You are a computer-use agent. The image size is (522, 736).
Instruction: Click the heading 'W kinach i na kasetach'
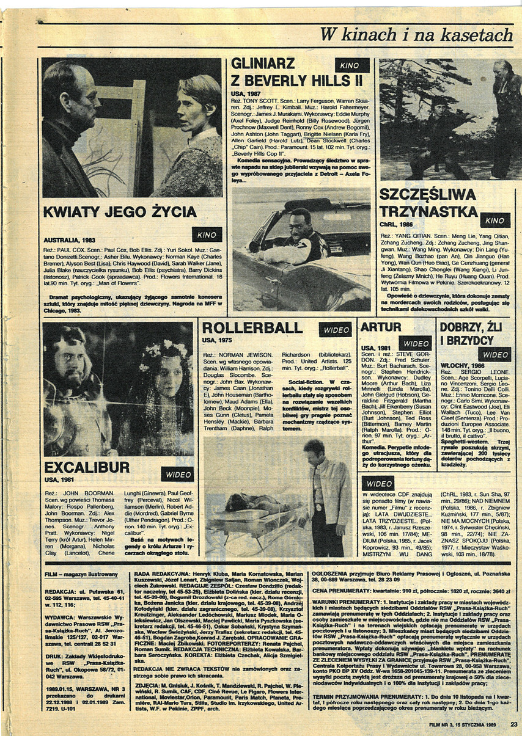416,35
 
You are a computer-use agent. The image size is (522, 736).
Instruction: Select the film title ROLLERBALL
252,328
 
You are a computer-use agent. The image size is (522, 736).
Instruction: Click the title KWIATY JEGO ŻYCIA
120,213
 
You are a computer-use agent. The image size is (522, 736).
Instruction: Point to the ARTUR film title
381,327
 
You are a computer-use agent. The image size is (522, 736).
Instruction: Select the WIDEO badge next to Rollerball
335,330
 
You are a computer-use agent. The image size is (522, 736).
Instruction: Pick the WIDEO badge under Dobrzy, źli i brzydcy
494,354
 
